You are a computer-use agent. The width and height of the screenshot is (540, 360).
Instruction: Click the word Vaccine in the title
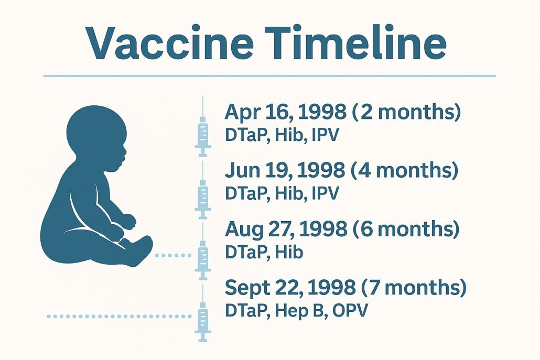170,42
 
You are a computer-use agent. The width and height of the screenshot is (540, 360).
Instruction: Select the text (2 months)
406,112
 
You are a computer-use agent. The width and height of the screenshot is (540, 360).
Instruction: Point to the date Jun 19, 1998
285,170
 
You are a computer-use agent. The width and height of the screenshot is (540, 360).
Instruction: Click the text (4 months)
405,170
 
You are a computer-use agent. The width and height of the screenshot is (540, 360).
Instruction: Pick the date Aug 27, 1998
286,228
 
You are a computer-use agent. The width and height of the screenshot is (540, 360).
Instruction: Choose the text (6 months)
406,228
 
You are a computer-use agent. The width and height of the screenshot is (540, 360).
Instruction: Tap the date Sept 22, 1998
290,287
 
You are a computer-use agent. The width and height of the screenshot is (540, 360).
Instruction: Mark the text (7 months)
414,287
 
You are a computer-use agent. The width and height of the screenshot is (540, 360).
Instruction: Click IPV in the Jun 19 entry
325,193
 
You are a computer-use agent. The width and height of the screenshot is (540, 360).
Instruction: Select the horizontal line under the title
269,75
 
